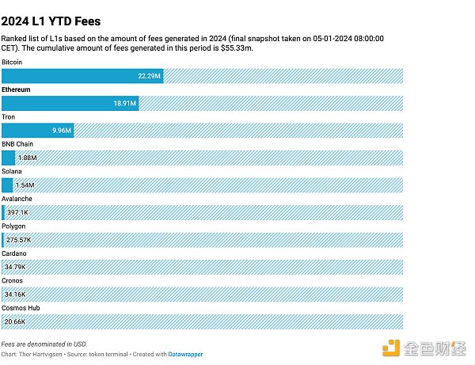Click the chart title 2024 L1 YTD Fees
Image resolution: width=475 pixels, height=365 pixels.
pyautogui.click(x=51, y=21)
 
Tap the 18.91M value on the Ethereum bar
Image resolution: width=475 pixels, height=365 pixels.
pyautogui.click(x=124, y=103)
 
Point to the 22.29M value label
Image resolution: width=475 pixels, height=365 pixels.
pyautogui.click(x=150, y=76)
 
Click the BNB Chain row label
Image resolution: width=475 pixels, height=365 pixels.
pyautogui.click(x=17, y=144)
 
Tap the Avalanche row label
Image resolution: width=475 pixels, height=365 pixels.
pyautogui.click(x=17, y=199)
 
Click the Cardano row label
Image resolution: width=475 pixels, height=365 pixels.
pyautogui.click(x=14, y=253)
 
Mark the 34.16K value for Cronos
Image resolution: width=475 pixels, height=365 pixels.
pyautogui.click(x=17, y=295)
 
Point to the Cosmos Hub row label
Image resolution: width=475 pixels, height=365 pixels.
pyautogui.click(x=21, y=308)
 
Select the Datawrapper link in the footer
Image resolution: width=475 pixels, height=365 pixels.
pyautogui.click(x=185, y=354)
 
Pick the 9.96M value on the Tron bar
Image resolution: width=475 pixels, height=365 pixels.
pyautogui.click(x=61, y=131)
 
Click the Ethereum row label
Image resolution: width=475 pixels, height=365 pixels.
pyautogui.click(x=16, y=89)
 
